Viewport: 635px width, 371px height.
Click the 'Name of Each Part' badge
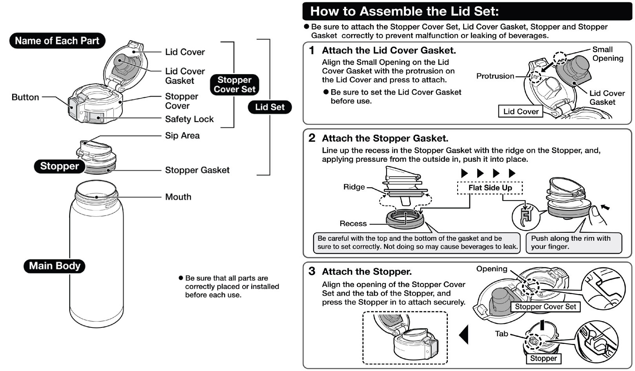57,41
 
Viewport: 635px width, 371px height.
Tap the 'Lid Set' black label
270,107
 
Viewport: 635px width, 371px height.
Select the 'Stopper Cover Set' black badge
234,84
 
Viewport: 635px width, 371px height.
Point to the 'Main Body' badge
55,266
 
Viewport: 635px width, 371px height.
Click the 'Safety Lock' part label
189,119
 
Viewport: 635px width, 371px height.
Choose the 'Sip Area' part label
182,135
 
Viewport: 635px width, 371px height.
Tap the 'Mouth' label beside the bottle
178,197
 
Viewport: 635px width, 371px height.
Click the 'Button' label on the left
25,97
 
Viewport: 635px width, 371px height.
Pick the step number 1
312,50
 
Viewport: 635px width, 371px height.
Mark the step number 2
312,138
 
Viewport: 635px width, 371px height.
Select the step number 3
312,271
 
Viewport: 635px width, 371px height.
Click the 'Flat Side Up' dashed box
490,188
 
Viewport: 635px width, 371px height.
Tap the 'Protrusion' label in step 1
495,76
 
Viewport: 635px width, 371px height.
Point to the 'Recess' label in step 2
353,223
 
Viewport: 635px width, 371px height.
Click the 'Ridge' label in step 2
354,187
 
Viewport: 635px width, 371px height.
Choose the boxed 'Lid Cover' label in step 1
521,111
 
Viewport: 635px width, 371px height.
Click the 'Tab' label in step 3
502,334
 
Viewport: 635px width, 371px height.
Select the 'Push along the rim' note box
573,243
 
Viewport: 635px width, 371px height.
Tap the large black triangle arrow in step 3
464,334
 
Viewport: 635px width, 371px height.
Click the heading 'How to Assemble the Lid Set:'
404,11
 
